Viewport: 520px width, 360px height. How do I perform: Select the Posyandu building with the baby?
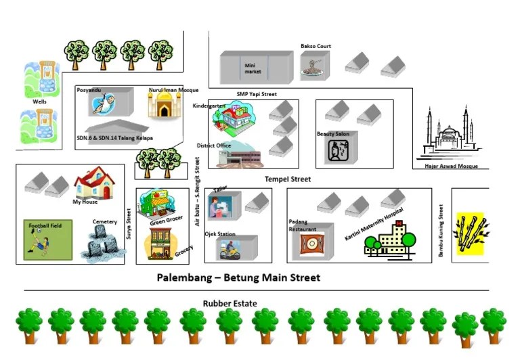108,104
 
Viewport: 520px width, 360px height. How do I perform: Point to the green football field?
47,240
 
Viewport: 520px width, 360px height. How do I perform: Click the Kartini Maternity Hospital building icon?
389,241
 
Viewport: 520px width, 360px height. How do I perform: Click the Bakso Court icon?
313,66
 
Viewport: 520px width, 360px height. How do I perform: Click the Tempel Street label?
288,179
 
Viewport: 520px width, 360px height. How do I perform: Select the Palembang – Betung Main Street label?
238,277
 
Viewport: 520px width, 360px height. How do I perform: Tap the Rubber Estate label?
230,304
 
